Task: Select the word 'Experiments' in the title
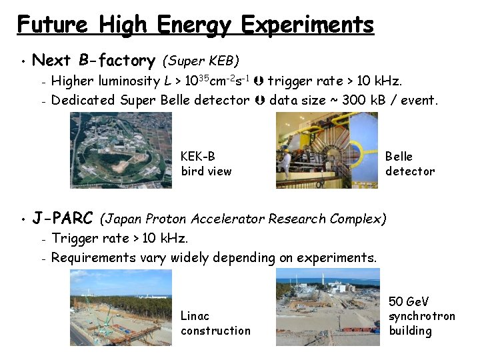coord(307,25)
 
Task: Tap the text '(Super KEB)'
coord(200,61)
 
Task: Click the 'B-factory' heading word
coord(117,61)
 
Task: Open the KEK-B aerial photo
coord(121,150)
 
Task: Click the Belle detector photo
coord(327,150)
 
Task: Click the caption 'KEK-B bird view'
coord(206,164)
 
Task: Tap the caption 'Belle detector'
coord(409,164)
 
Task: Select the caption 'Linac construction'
coord(215,323)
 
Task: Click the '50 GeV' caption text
coord(409,302)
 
